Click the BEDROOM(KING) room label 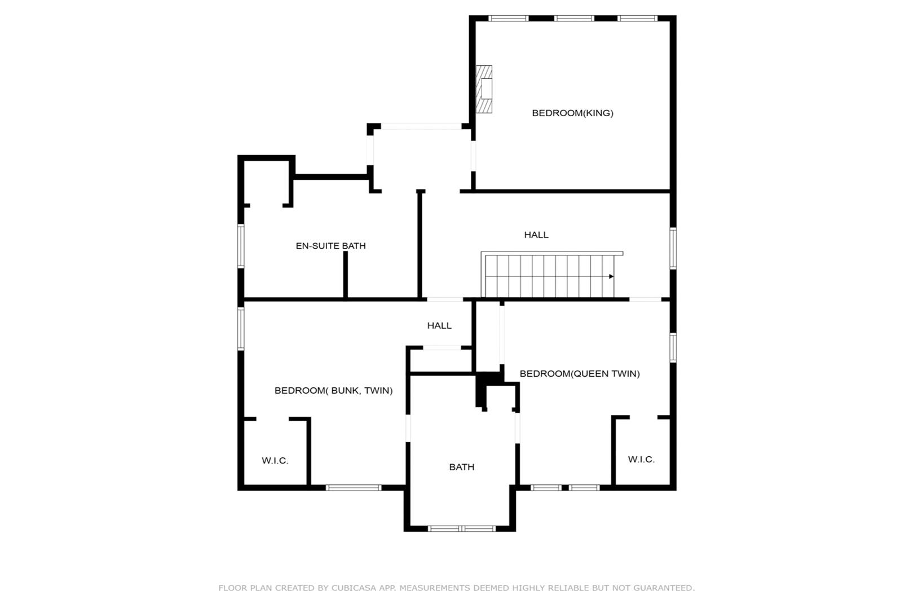[x=572, y=113]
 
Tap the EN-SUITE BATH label [x=330, y=246]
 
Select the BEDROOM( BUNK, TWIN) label [x=333, y=391]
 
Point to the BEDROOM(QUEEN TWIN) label [x=580, y=373]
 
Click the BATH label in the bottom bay [x=461, y=467]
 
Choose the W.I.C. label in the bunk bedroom [x=275, y=461]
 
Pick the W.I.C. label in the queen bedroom [x=641, y=459]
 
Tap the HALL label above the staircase [x=536, y=235]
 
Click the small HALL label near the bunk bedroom [x=439, y=325]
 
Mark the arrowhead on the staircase [x=611, y=276]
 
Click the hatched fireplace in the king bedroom [x=484, y=89]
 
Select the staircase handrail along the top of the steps [x=552, y=254]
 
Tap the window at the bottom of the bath [x=461, y=528]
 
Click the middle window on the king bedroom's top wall [x=573, y=19]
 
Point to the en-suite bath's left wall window [x=241, y=246]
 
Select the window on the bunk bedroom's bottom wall [x=354, y=487]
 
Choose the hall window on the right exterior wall [x=673, y=248]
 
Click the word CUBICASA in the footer [x=354, y=588]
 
